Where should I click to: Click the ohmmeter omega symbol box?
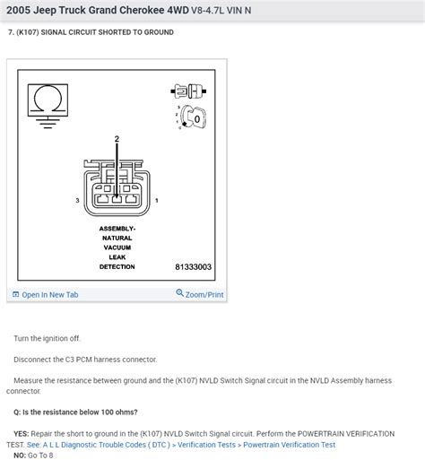[x=48, y=100]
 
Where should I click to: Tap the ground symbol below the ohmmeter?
[x=48, y=123]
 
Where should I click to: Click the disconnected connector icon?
[x=188, y=91]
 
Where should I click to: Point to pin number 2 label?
[x=117, y=139]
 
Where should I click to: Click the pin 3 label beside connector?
[x=77, y=200]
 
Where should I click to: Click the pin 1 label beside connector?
[x=157, y=200]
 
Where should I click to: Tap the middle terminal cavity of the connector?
[x=117, y=199]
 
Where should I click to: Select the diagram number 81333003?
[x=193, y=267]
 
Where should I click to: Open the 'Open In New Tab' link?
[x=46, y=295]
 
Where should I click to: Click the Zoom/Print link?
[x=200, y=294]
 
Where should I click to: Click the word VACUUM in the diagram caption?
[x=117, y=247]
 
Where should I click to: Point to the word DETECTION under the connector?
[x=117, y=266]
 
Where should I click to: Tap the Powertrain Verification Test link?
[x=289, y=445]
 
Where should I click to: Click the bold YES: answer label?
[x=22, y=434]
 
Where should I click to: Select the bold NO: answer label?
[x=20, y=456]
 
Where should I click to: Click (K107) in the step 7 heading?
[x=28, y=32]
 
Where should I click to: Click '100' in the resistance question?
[x=108, y=412]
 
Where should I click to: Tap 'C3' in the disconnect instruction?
[x=70, y=360]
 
